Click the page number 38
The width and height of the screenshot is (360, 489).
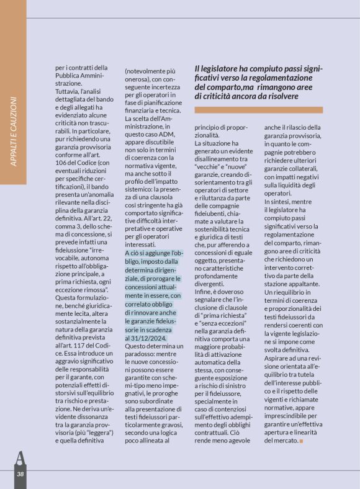point(20,474)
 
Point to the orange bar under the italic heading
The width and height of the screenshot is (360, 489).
point(267,110)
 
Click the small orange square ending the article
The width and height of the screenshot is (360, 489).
point(302,441)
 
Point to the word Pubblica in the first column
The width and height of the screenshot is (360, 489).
point(70,75)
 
